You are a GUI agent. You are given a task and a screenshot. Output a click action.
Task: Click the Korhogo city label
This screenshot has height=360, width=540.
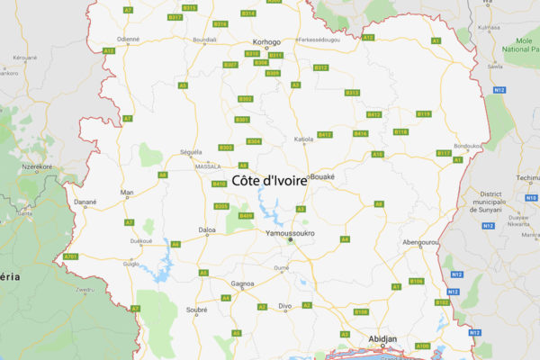tap(266, 41)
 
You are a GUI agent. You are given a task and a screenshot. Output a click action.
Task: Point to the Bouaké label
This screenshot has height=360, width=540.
tap(322, 177)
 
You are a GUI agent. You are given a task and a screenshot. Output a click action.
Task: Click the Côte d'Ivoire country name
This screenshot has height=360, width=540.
tap(269, 180)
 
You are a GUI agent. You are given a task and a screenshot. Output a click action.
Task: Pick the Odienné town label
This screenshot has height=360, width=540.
tap(128, 39)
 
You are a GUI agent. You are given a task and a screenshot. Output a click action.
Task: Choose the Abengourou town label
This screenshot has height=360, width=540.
tap(419, 242)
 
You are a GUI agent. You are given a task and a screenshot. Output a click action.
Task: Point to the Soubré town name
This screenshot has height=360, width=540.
tap(196, 310)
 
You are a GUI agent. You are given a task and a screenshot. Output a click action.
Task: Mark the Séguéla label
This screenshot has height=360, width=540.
tap(191, 152)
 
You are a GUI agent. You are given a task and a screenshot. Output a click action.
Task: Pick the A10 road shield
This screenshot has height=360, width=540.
tap(378, 155)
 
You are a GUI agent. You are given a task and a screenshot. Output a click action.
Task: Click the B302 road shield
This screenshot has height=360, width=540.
tap(246, 99)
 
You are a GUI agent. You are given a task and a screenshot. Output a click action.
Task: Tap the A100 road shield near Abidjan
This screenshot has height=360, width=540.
tap(423, 346)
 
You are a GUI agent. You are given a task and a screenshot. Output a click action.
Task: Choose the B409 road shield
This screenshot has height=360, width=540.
tap(247, 216)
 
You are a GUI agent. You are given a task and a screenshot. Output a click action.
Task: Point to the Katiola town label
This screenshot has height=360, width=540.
tap(304, 139)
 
